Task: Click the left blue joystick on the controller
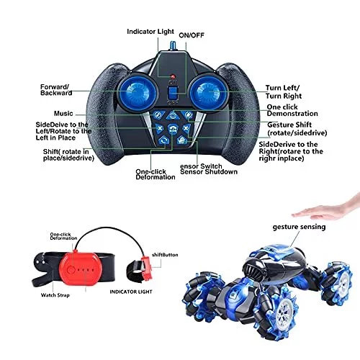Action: pos(138,93)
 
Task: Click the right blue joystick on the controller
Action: pos(207,92)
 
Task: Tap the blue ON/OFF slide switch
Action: pos(173,93)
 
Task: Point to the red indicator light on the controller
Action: pos(172,76)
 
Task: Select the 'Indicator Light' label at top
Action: pos(150,32)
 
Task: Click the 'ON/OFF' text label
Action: pos(192,35)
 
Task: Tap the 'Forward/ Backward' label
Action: pos(56,90)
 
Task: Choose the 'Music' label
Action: pos(63,113)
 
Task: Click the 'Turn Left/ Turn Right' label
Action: pos(284,92)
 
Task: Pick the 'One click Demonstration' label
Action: pos(292,110)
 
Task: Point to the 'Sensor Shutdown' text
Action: pos(209,172)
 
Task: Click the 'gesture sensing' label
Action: pos(299,227)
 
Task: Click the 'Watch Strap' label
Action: pos(55,295)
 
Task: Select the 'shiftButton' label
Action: pos(165,255)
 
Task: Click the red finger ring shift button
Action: pos(146,269)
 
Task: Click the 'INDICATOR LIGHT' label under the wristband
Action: pos(131,292)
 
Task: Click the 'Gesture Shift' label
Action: pos(289,125)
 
